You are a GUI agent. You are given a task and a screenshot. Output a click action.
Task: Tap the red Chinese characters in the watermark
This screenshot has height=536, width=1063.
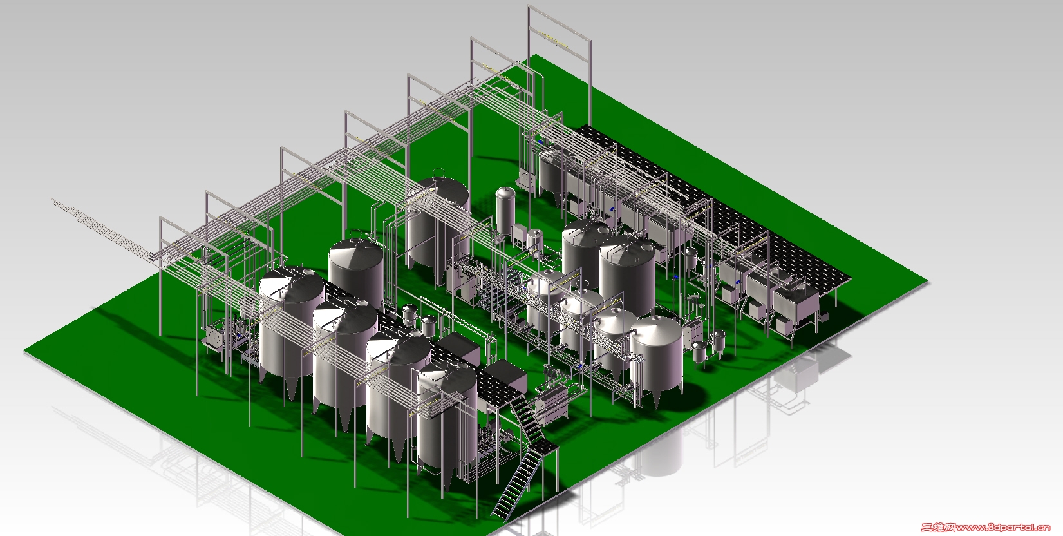click(x=938, y=528)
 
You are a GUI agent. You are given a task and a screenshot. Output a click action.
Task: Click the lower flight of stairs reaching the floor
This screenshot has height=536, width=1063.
click(x=517, y=484)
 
